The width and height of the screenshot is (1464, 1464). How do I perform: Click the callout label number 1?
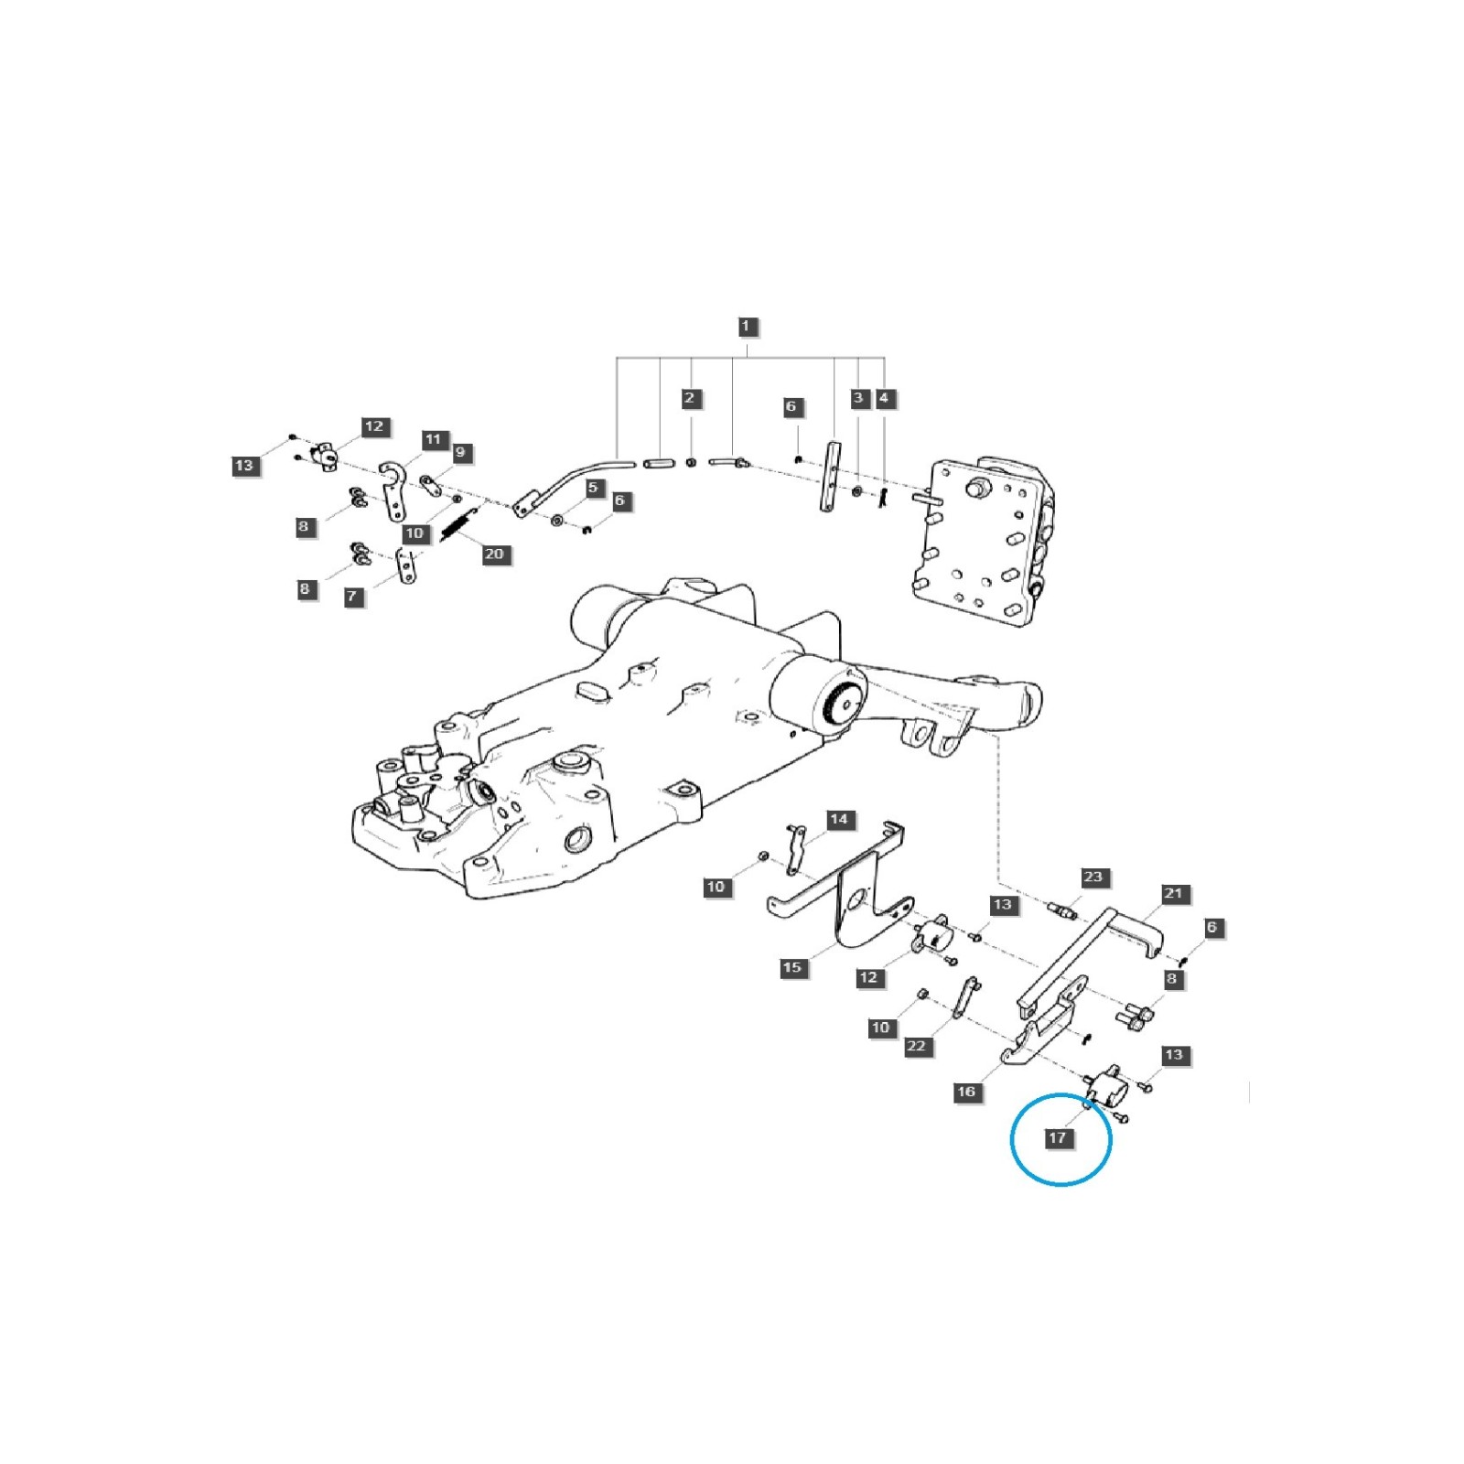click(x=746, y=327)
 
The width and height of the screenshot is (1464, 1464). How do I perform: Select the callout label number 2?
click(x=691, y=398)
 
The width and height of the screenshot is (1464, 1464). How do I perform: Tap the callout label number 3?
click(x=858, y=398)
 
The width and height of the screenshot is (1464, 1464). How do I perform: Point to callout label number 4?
click(x=884, y=398)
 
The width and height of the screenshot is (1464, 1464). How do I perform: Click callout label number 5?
click(x=593, y=488)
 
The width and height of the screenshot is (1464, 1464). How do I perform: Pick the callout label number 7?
click(x=352, y=597)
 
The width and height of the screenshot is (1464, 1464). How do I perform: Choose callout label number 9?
click(x=460, y=452)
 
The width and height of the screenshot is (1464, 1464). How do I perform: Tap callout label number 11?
click(x=433, y=439)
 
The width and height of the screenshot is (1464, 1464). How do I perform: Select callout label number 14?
click(x=839, y=819)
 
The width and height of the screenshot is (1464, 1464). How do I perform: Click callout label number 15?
click(x=792, y=967)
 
